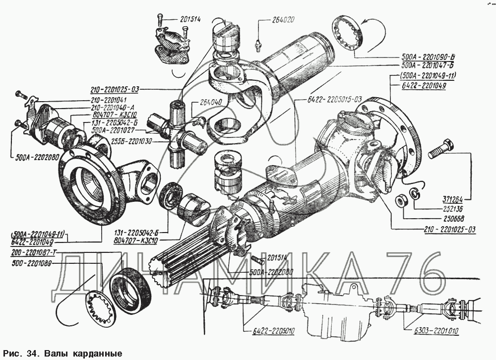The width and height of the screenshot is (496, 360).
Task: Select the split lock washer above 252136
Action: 416,194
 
